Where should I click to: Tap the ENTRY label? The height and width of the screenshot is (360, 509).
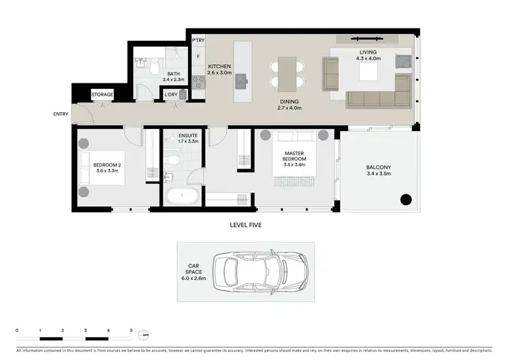coord(61,113)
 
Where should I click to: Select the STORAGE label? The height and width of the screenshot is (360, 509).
coord(102,94)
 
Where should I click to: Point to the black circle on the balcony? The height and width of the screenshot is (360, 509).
coord(405,200)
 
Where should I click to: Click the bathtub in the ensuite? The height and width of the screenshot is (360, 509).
coord(181,198)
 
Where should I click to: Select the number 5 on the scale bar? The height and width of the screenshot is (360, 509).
coord(131,328)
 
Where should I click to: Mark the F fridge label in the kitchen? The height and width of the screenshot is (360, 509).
coord(198,58)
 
